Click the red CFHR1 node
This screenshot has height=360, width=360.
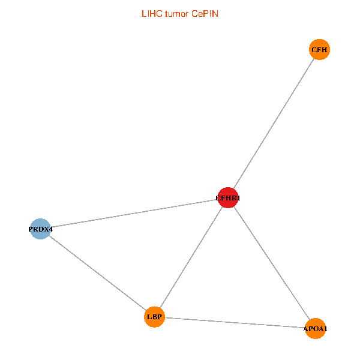[228, 197]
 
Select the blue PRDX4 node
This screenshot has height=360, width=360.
[40, 229]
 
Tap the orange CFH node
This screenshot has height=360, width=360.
[319, 49]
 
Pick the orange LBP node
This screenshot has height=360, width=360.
[155, 317]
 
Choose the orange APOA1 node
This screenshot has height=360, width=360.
[316, 329]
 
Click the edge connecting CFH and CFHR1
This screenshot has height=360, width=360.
[274, 124]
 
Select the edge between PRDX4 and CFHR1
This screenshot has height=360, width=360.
[134, 213]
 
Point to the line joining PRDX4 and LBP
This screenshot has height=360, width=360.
[98, 273]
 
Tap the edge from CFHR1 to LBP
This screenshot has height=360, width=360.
[191, 257]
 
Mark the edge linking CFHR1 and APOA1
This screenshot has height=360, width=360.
[272, 263]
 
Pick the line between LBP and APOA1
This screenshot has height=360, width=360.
[235, 323]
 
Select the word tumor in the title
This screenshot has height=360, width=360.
[177, 14]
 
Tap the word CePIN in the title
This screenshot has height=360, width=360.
[205, 14]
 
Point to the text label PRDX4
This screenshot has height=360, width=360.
[40, 229]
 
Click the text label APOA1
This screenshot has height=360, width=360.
[316, 329]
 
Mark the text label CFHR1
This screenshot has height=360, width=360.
[228, 198]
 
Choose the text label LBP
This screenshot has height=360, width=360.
[155, 317]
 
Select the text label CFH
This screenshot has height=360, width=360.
[319, 50]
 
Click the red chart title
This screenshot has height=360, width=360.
[180, 14]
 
